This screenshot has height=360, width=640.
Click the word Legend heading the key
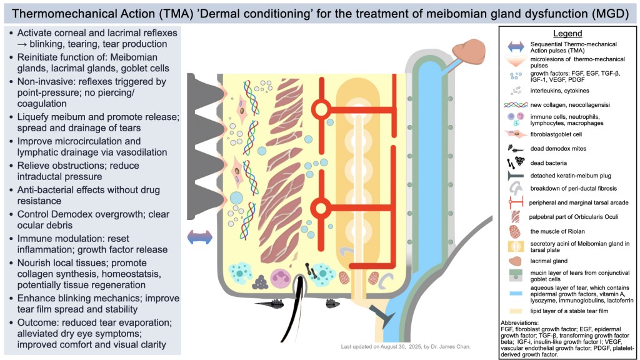pos(567,33)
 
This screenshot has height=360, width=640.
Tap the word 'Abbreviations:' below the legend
pos(524,322)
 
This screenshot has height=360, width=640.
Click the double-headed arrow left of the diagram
pos(201,237)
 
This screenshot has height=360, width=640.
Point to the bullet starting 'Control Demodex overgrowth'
pos(92,219)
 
